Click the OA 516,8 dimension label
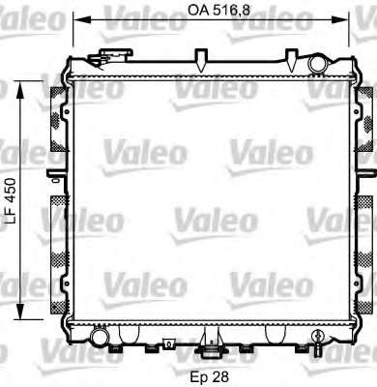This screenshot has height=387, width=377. click(x=219, y=11)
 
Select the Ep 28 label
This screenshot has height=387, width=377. click(x=210, y=376)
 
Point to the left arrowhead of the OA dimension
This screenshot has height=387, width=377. click(x=81, y=20)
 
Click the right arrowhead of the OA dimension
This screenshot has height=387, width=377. click(x=340, y=20)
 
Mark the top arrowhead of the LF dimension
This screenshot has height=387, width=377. click(x=20, y=90)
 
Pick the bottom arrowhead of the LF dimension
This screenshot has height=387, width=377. click(x=20, y=311)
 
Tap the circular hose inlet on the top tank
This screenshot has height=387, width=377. click(x=317, y=64)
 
